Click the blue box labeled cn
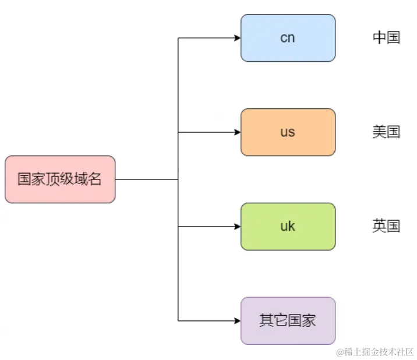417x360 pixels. pyautogui.click(x=288, y=38)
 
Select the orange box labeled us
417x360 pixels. pyautogui.click(x=288, y=132)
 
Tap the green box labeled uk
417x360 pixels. pyautogui.click(x=288, y=227)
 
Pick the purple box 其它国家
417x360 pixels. pyautogui.click(x=288, y=320)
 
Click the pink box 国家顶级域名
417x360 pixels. pyautogui.click(x=59, y=179)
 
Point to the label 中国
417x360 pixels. pyautogui.click(x=386, y=38)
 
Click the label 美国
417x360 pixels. pyautogui.click(x=386, y=132)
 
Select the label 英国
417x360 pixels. pyautogui.click(x=386, y=226)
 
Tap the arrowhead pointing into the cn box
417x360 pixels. pyautogui.click(x=238, y=38)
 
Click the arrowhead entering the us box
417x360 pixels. pyautogui.click(x=238, y=132)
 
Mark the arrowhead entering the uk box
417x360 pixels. pyautogui.click(x=238, y=227)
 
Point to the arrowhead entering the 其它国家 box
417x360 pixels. pyautogui.click(x=238, y=320)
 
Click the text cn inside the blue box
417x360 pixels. pyautogui.click(x=288, y=38)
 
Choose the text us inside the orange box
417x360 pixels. pyautogui.click(x=288, y=132)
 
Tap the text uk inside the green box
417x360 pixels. pyautogui.click(x=288, y=227)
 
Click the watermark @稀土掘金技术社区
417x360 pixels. pyautogui.click(x=374, y=351)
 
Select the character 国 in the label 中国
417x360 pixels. pyautogui.click(x=394, y=38)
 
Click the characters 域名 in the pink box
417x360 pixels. pyautogui.click(x=87, y=179)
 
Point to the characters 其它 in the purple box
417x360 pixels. pyautogui.click(x=273, y=320)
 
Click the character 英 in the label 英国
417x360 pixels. pyautogui.click(x=379, y=226)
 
